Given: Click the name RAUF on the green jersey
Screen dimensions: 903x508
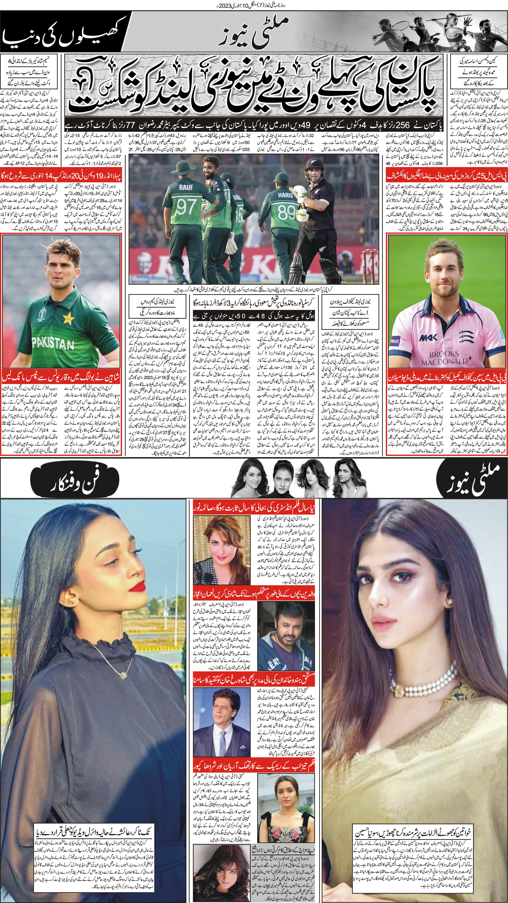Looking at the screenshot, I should (186, 187).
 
